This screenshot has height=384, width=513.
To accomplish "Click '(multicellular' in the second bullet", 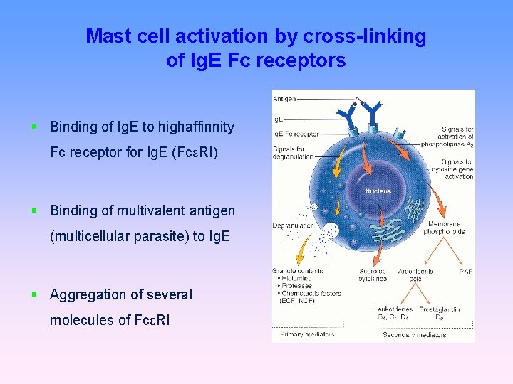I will point(90,236).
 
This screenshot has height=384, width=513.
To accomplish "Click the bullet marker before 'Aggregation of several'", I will point(34,294).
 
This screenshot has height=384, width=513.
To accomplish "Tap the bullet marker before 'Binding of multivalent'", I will point(34,210).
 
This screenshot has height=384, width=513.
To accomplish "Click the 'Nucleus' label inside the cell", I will point(378,191).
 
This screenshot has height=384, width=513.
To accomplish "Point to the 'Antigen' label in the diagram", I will point(285,98).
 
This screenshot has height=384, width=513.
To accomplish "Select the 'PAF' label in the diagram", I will point(466,271).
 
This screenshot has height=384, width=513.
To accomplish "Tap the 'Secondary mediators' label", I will point(410,334).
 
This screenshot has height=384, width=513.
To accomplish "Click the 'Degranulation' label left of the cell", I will point(293,225).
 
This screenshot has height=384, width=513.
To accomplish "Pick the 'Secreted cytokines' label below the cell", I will point(373,274).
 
